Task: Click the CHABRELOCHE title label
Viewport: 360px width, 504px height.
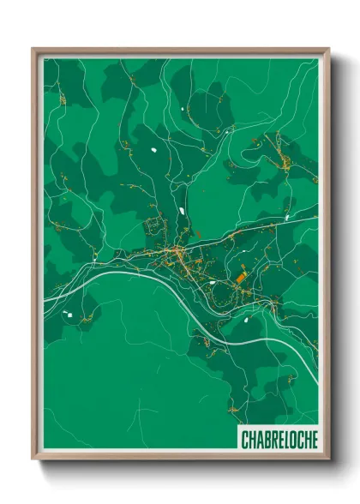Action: click(x=279, y=440)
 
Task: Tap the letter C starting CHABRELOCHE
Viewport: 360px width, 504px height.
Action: click(x=244, y=440)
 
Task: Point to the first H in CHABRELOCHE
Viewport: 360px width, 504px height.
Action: click(x=251, y=440)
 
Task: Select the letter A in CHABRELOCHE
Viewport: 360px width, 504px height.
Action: click(x=258, y=440)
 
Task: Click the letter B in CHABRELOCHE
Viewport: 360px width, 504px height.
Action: click(x=266, y=440)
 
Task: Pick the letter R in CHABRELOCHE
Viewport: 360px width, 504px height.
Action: click(x=273, y=440)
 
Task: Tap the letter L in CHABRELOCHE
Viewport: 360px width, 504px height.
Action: click(x=286, y=440)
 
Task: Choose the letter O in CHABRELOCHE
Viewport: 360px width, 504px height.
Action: click(x=293, y=440)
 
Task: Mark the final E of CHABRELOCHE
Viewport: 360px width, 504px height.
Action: click(x=314, y=440)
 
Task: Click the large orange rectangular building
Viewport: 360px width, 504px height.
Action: click(x=242, y=278)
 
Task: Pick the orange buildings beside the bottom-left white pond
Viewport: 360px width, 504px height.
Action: click(x=83, y=318)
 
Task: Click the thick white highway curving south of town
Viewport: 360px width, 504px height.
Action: click(x=257, y=342)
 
